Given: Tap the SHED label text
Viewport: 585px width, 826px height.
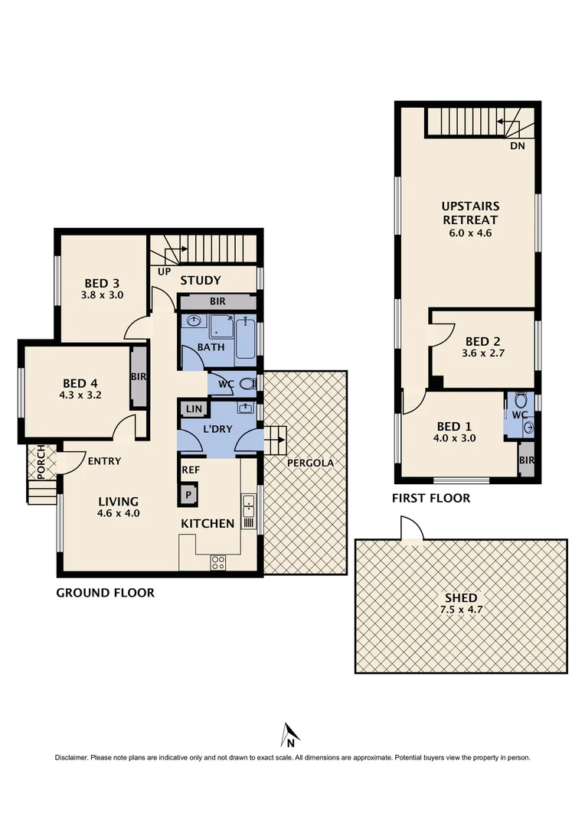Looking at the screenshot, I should coord(460,597).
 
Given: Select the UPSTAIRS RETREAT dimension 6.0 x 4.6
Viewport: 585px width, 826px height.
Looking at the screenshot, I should coord(470,233).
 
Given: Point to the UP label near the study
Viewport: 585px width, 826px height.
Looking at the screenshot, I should coord(163,271).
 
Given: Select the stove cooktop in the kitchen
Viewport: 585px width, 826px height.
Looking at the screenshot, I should coord(217,562).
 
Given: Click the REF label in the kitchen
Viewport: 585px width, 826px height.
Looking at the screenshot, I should coord(190,470).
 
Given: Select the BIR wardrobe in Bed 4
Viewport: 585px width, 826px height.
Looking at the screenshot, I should coord(139,378).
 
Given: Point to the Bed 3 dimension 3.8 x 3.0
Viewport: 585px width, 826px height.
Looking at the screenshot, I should coord(102,294).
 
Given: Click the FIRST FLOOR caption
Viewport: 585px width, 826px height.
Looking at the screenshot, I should coord(430,498).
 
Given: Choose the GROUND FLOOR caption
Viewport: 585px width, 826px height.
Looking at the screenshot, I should coord(105,592).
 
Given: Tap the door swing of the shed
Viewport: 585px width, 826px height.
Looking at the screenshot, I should coord(411,528).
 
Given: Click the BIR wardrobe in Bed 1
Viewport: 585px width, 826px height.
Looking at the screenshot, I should coord(526,460).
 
